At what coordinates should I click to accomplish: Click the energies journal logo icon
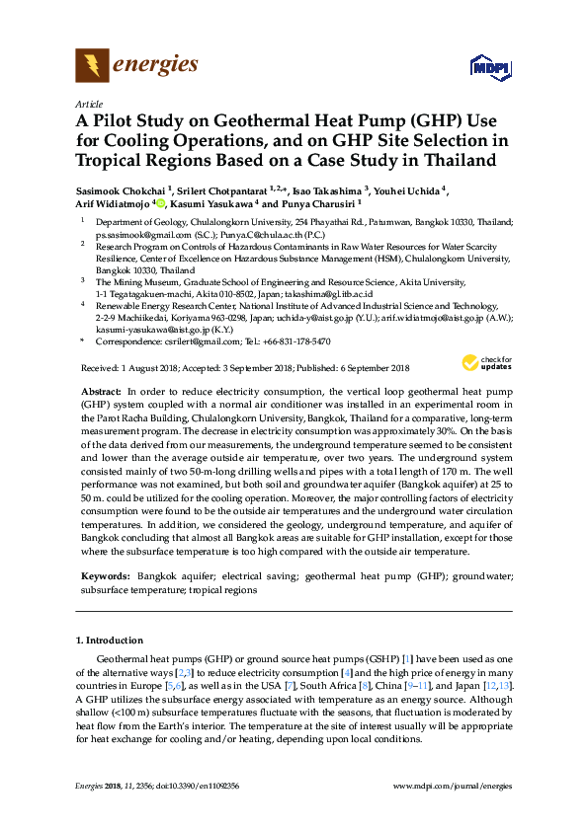(x=92, y=66)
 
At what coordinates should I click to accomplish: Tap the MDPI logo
(x=481, y=67)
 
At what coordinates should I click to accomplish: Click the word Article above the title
(x=88, y=103)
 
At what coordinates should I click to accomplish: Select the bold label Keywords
(x=104, y=574)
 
